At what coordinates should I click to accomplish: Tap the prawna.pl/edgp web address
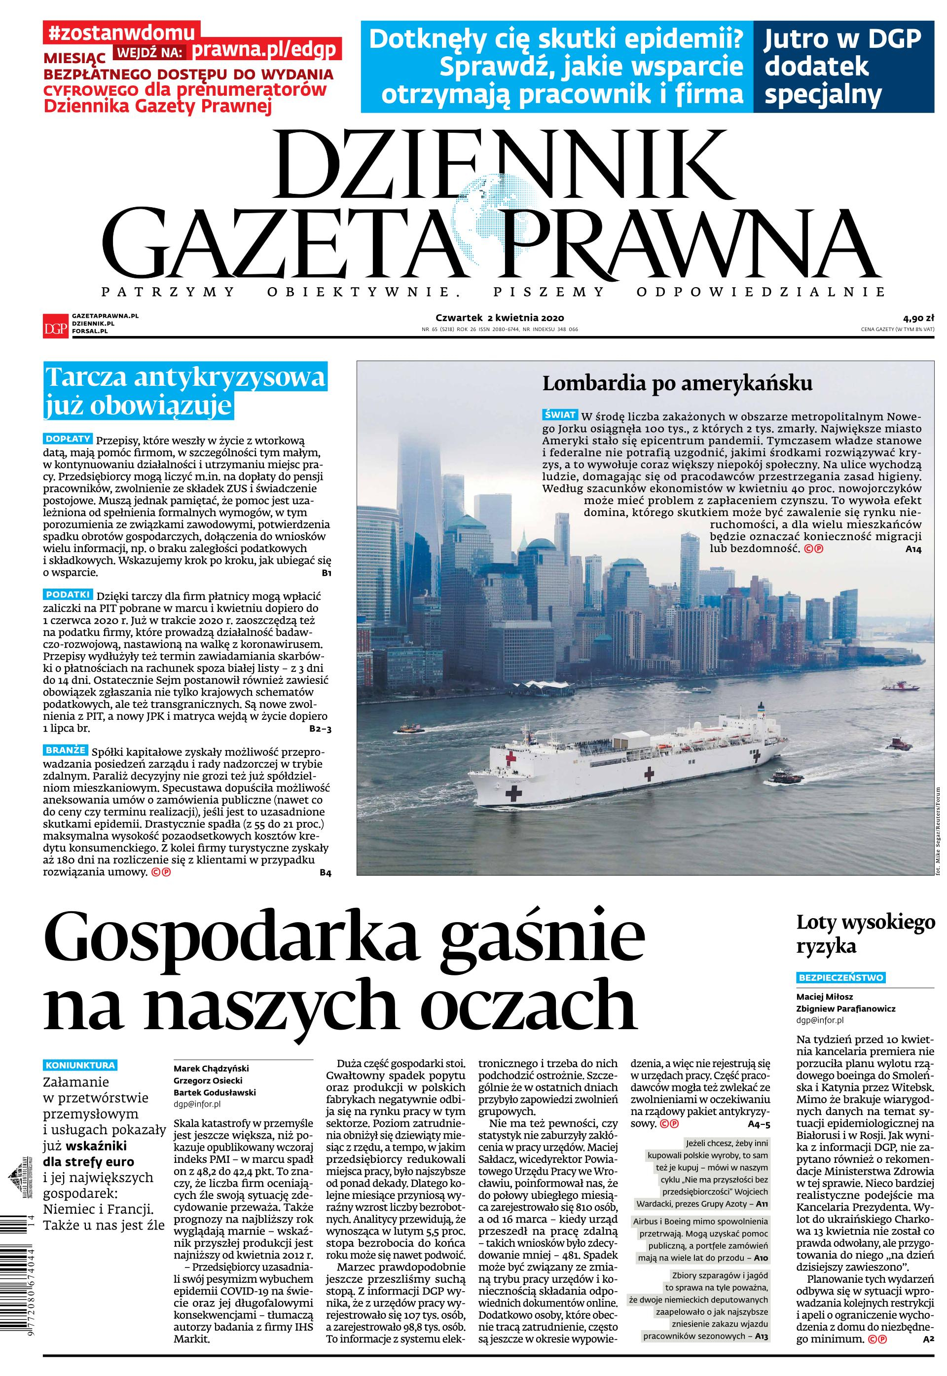tap(265, 50)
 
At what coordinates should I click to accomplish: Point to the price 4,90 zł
tap(917, 317)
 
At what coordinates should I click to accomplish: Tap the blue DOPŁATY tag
tap(68, 439)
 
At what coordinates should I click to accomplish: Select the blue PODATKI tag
tap(68, 594)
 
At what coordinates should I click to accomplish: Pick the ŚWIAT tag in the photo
tap(559, 414)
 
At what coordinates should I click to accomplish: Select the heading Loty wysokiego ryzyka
tap(865, 934)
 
